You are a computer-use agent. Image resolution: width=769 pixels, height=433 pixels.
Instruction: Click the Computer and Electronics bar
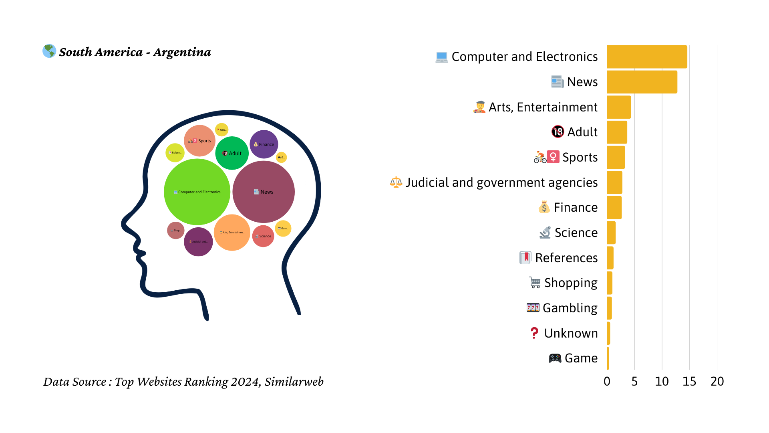(647, 57)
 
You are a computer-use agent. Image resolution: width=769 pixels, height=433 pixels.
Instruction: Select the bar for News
(642, 82)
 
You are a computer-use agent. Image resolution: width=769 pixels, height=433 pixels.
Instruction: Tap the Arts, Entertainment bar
(619, 107)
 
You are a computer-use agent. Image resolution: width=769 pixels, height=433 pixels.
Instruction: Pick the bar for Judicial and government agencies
(614, 182)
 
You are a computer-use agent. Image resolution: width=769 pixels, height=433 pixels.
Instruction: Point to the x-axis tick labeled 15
(689, 381)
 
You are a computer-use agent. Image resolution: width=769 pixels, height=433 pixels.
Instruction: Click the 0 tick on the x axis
(607, 381)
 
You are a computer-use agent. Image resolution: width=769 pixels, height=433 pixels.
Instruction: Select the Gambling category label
(570, 308)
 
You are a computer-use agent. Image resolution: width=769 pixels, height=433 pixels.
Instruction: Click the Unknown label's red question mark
(534, 333)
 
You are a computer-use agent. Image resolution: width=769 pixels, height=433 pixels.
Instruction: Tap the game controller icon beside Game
(555, 358)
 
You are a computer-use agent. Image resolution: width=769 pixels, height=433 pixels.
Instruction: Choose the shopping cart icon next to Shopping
(535, 283)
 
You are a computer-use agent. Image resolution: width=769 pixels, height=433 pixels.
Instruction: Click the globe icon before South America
(49, 51)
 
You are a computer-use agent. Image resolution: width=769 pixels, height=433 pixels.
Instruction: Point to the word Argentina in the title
(182, 52)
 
